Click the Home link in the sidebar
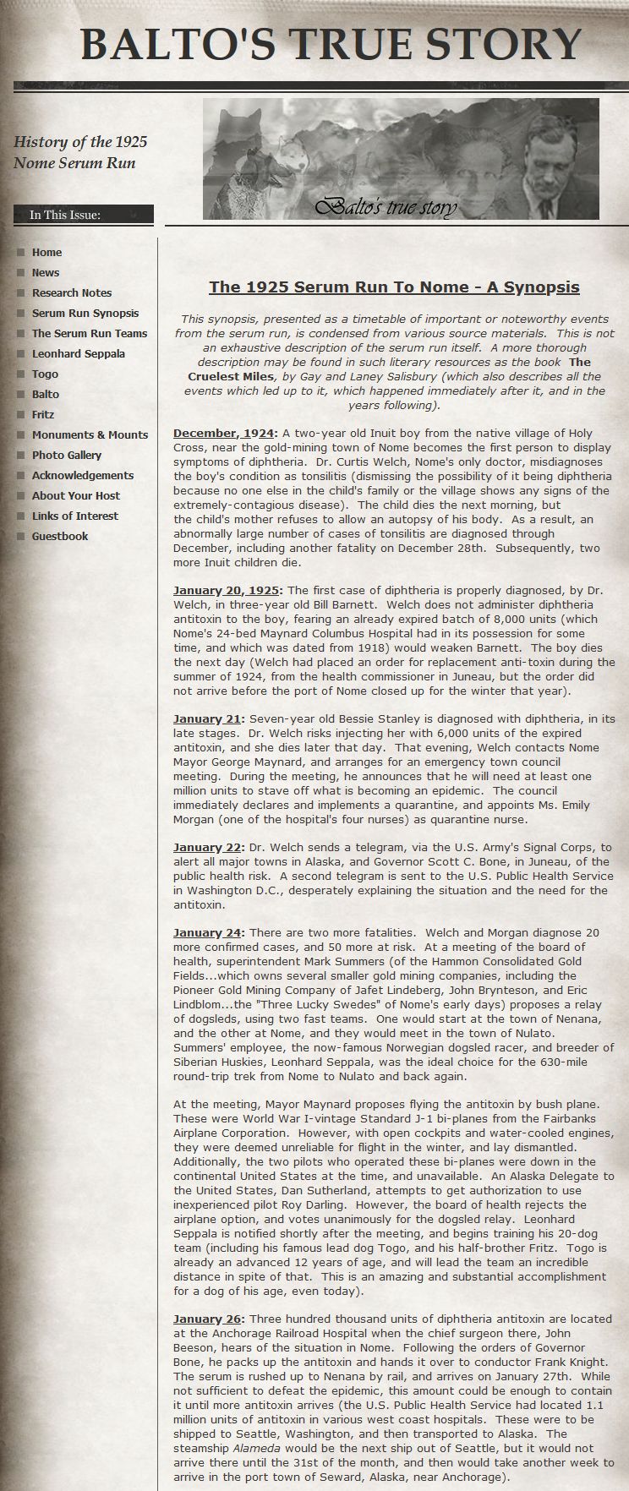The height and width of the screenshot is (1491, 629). pyautogui.click(x=46, y=252)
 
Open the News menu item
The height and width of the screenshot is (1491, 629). pyautogui.click(x=46, y=272)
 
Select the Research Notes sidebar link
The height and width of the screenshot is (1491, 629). pyautogui.click(x=72, y=292)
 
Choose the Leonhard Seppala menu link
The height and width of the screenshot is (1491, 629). pyautogui.click(x=78, y=353)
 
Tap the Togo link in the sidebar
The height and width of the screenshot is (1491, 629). pyautogui.click(x=45, y=374)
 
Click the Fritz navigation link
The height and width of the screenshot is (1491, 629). pyautogui.click(x=43, y=414)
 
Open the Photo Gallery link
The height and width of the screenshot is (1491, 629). pyautogui.click(x=67, y=455)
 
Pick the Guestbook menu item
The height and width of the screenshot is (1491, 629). pyautogui.click(x=60, y=536)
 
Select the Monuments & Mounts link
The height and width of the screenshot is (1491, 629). pyautogui.click(x=90, y=434)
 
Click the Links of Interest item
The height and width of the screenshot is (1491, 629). pyautogui.click(x=75, y=516)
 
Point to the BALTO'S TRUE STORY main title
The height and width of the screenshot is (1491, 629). pyautogui.click(x=331, y=44)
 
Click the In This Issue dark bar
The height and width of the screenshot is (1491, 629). pyautogui.click(x=83, y=215)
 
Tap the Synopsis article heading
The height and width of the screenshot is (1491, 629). pyautogui.click(x=394, y=287)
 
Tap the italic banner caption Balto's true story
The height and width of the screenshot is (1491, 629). pyautogui.click(x=386, y=205)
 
